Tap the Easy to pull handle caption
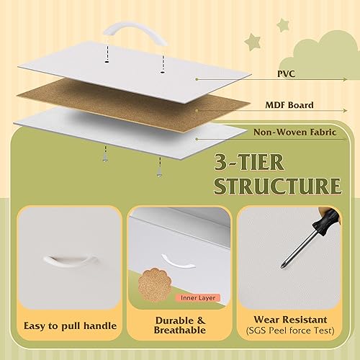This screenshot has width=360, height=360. (69, 326)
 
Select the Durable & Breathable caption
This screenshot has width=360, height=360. (179, 325)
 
